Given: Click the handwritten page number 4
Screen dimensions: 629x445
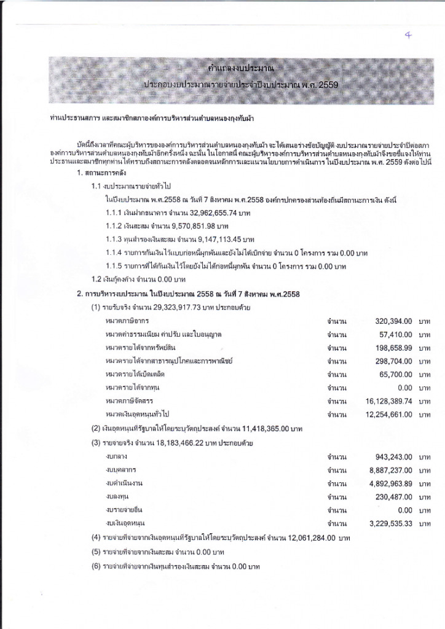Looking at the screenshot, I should (x=408, y=36).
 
